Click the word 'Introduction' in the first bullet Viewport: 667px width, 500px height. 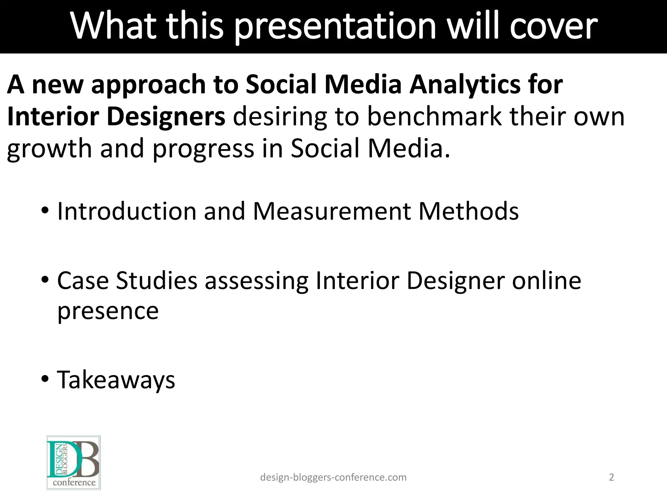126,211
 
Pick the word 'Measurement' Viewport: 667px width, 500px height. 332,211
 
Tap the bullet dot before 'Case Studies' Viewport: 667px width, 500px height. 45,280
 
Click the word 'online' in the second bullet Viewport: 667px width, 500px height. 546,281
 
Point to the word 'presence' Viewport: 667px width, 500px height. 108,312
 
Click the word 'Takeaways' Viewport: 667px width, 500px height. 116,380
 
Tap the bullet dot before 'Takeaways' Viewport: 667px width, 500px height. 45,379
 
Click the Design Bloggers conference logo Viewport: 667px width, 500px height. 73,463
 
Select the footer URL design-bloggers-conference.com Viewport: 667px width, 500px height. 333,477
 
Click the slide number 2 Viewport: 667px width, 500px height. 611,477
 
